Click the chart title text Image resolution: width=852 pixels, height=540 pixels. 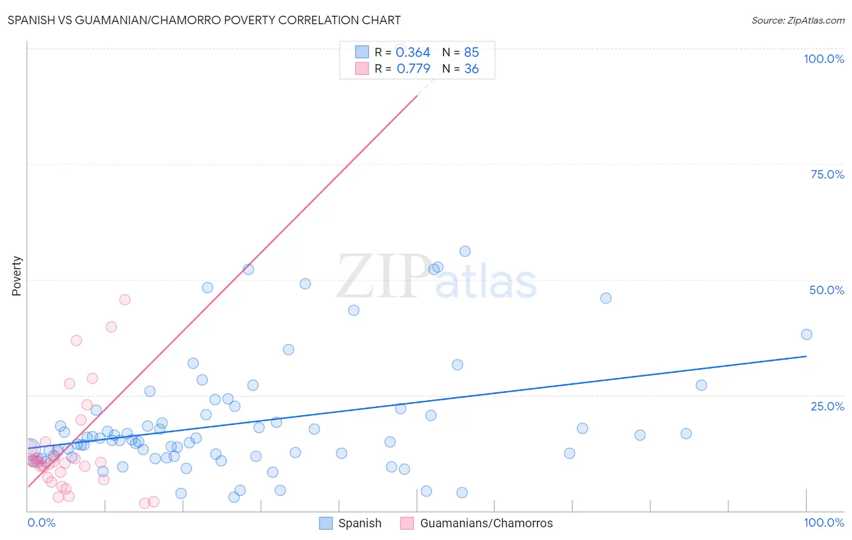click(204, 20)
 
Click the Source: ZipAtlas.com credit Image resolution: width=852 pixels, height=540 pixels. click(797, 20)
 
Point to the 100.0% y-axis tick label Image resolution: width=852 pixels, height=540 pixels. click(824, 59)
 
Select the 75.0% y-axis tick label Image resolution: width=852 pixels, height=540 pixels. click(827, 174)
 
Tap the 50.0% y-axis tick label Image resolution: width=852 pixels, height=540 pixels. click(827, 290)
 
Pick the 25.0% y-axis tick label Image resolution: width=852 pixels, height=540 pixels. click(827, 406)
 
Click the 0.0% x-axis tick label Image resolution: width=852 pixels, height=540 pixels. click(41, 522)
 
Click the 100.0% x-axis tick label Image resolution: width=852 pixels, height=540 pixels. click(824, 522)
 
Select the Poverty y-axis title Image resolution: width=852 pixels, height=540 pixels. click(16, 276)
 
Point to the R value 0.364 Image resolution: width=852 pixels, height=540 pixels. click(413, 52)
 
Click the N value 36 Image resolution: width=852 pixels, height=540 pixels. click(471, 68)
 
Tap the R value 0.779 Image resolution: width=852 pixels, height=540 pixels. click(413, 68)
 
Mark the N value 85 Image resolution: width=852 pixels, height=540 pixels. click(471, 52)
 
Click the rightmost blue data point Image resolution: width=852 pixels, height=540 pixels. click(806, 334)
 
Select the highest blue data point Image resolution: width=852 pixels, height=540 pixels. click(465, 251)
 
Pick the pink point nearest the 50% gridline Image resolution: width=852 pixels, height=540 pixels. click(125, 300)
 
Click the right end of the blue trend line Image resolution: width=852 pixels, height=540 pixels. click(806, 356)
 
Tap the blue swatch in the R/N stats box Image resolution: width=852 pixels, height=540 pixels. click(362, 52)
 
